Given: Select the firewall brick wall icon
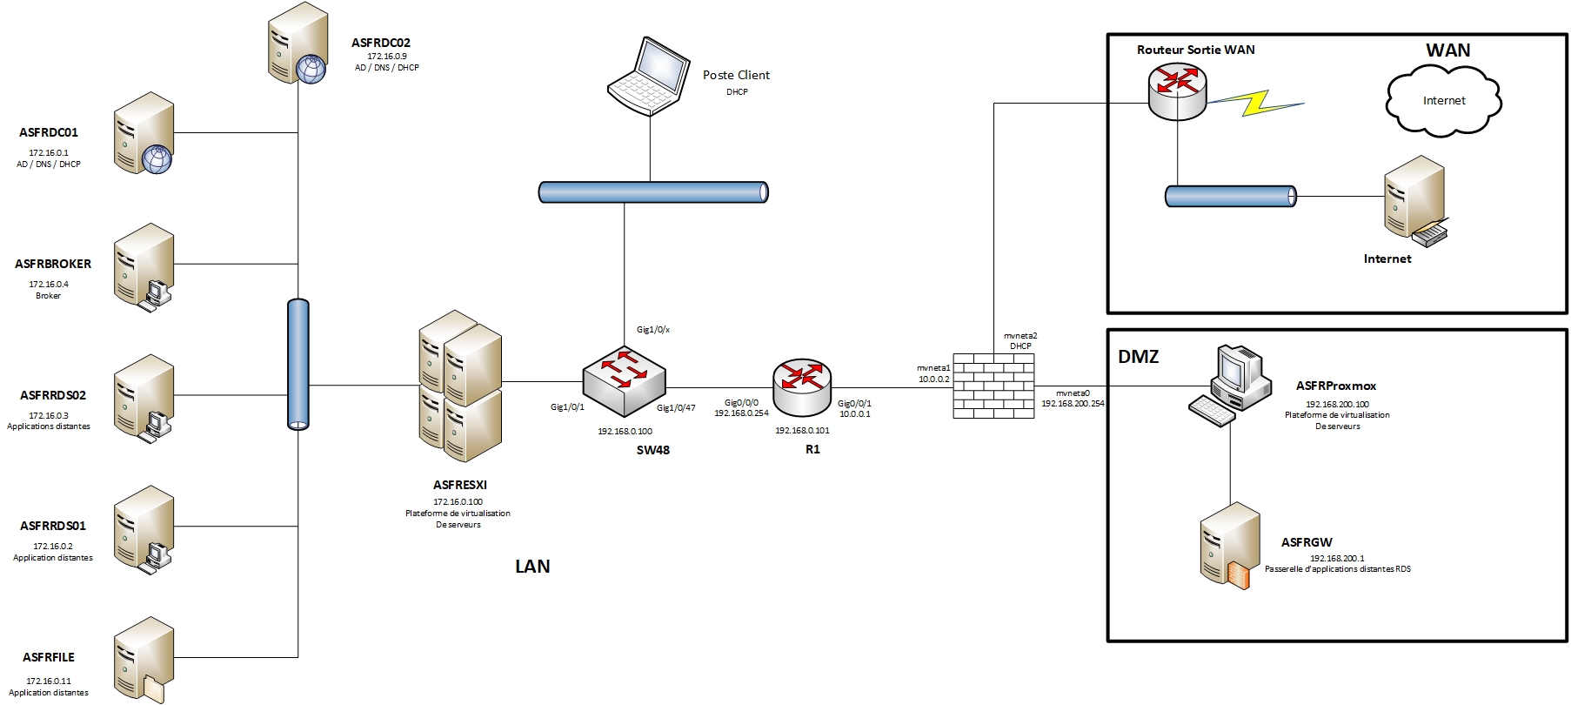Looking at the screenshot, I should (x=993, y=386).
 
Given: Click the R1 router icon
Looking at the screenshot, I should (x=801, y=386).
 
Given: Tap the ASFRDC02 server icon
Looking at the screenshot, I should (x=296, y=44).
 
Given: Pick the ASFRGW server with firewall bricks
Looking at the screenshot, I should (x=1229, y=546).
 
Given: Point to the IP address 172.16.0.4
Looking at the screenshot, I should (x=49, y=285).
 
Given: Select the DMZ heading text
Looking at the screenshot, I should (x=1138, y=356).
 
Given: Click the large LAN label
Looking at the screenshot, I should (x=532, y=567).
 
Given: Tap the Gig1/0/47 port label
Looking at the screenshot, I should (x=676, y=408).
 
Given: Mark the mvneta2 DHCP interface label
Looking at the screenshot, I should (x=1020, y=340).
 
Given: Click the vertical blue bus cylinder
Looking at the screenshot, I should (x=298, y=364).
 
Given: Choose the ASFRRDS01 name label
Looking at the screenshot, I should (x=53, y=526).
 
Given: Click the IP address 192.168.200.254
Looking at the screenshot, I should (x=1073, y=404).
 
